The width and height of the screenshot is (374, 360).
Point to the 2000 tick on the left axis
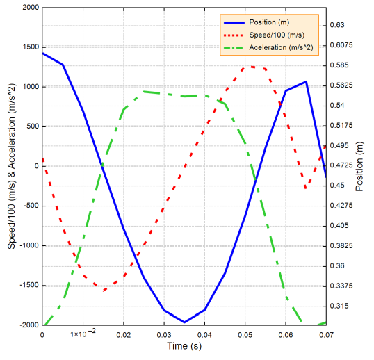coord(30,8)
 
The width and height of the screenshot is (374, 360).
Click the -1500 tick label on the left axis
coord(28,285)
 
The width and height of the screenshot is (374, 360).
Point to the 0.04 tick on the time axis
coord(204,335)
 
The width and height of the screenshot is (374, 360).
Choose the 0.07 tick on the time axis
coord(325,335)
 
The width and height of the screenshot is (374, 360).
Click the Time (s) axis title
coord(184,345)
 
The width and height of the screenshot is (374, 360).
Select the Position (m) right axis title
coord(359,166)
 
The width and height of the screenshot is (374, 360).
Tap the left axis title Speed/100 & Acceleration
coord(12,166)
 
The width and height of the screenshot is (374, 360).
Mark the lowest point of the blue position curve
coord(184,322)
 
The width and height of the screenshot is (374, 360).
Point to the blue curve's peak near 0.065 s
coord(306,81)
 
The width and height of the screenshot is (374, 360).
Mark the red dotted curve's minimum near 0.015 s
coord(103,291)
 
